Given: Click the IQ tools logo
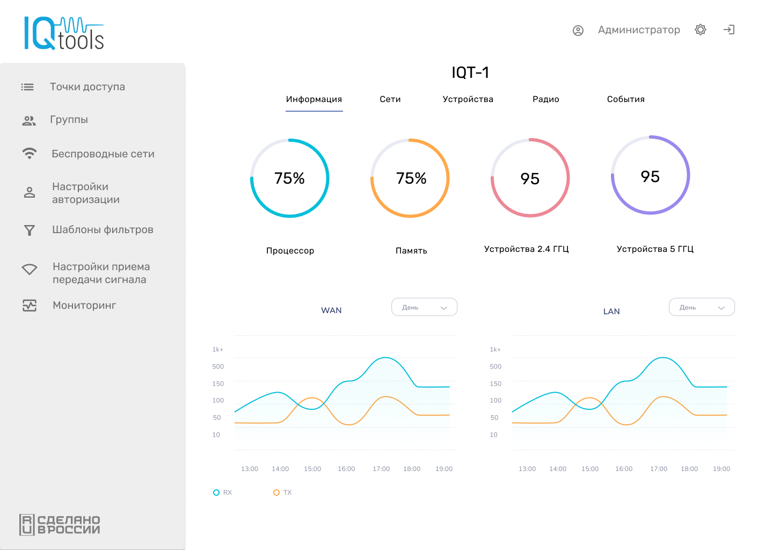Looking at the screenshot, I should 64,33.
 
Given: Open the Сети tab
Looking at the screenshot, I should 390,99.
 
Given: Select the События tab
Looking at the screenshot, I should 625,99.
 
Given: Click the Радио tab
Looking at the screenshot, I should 545,99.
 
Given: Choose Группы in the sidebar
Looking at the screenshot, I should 69,120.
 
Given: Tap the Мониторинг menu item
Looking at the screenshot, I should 84,306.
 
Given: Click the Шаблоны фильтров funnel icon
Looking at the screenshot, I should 30,230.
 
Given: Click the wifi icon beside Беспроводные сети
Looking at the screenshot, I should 30,154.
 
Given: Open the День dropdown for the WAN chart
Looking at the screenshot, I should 424,307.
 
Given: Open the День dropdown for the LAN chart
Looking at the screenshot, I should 702,307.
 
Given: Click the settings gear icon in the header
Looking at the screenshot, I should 701,30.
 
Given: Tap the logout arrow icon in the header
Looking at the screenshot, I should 729,30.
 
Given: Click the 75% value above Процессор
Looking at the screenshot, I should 289,178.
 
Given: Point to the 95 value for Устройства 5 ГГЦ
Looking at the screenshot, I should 650,177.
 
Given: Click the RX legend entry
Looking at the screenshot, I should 223,493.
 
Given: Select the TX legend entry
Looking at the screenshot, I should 283,493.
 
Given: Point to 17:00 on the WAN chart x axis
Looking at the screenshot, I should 381,469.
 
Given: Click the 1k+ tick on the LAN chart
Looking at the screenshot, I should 495,350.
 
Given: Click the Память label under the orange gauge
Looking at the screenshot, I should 411,251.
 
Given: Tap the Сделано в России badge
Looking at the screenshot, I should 60,525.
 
